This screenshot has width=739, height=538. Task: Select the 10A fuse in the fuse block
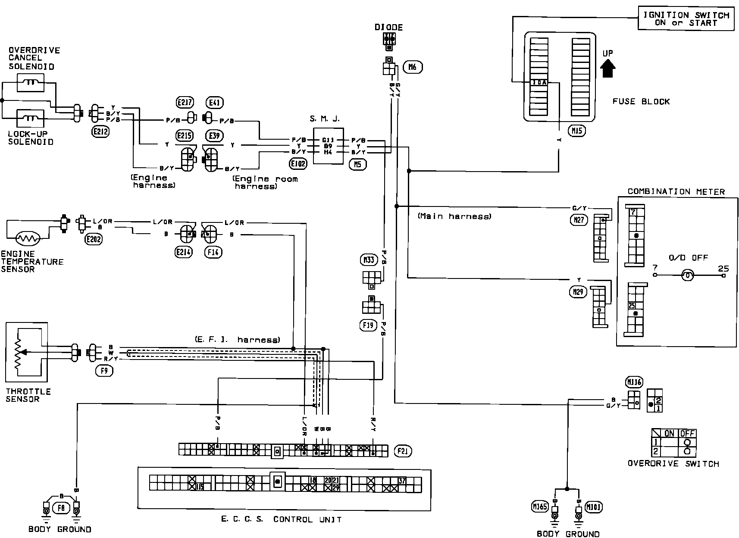(539, 82)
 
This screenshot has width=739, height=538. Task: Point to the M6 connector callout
(412, 67)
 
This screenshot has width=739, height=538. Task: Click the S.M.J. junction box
(328, 146)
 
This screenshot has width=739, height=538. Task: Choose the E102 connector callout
(298, 163)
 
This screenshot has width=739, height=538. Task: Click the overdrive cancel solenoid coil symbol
(30, 82)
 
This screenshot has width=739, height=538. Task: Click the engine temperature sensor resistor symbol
(28, 238)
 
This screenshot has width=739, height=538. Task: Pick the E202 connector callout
(93, 239)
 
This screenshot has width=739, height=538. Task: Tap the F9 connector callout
(104, 370)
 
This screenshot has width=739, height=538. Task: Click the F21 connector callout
(403, 451)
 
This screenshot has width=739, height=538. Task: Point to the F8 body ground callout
(61, 509)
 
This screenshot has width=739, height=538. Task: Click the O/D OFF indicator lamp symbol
(687, 275)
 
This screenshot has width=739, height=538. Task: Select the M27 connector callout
(578, 220)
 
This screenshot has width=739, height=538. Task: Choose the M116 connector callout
(633, 382)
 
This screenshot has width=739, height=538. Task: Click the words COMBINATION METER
(676, 192)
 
